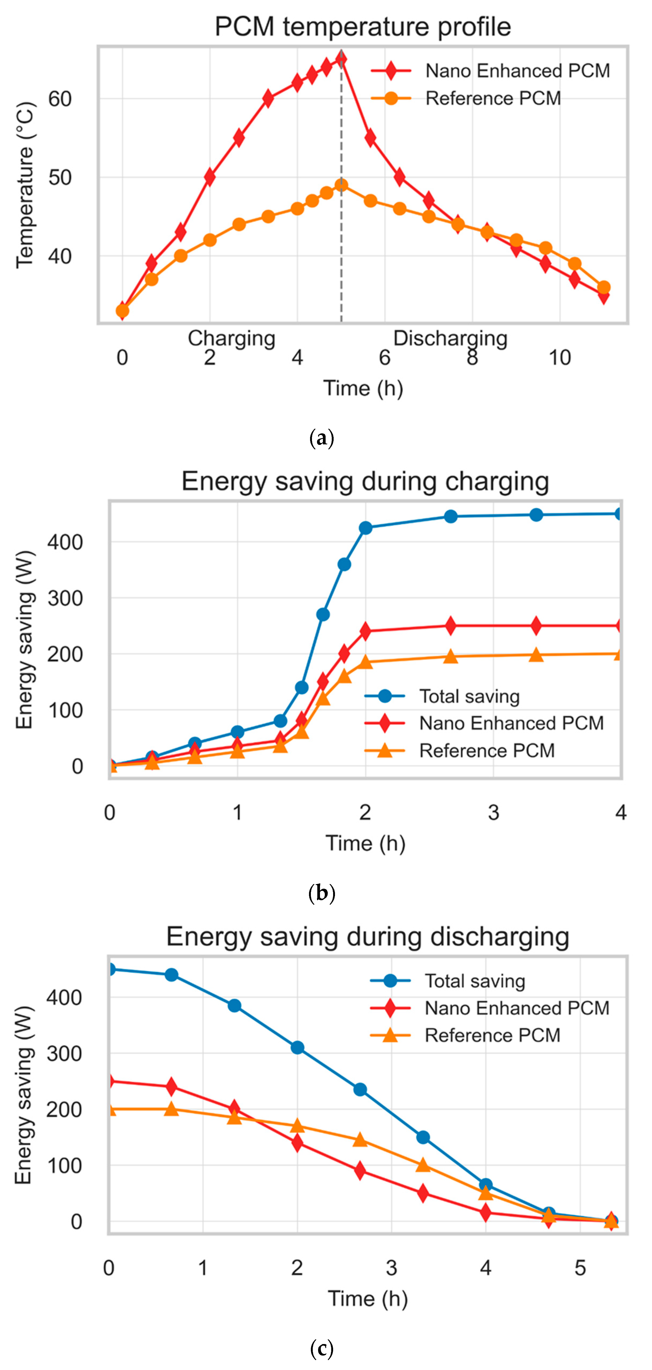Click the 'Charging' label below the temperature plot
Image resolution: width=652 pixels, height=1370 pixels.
pos(231,338)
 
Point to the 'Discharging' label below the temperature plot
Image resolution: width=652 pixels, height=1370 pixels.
pos(450,338)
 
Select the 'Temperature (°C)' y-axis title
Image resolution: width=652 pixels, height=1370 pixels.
pos(25,185)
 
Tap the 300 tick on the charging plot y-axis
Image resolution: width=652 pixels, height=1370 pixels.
pos(65,598)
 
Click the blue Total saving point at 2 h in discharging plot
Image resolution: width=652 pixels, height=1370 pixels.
pos(297,1048)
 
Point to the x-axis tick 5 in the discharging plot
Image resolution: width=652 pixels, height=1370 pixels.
pos(580,1268)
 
